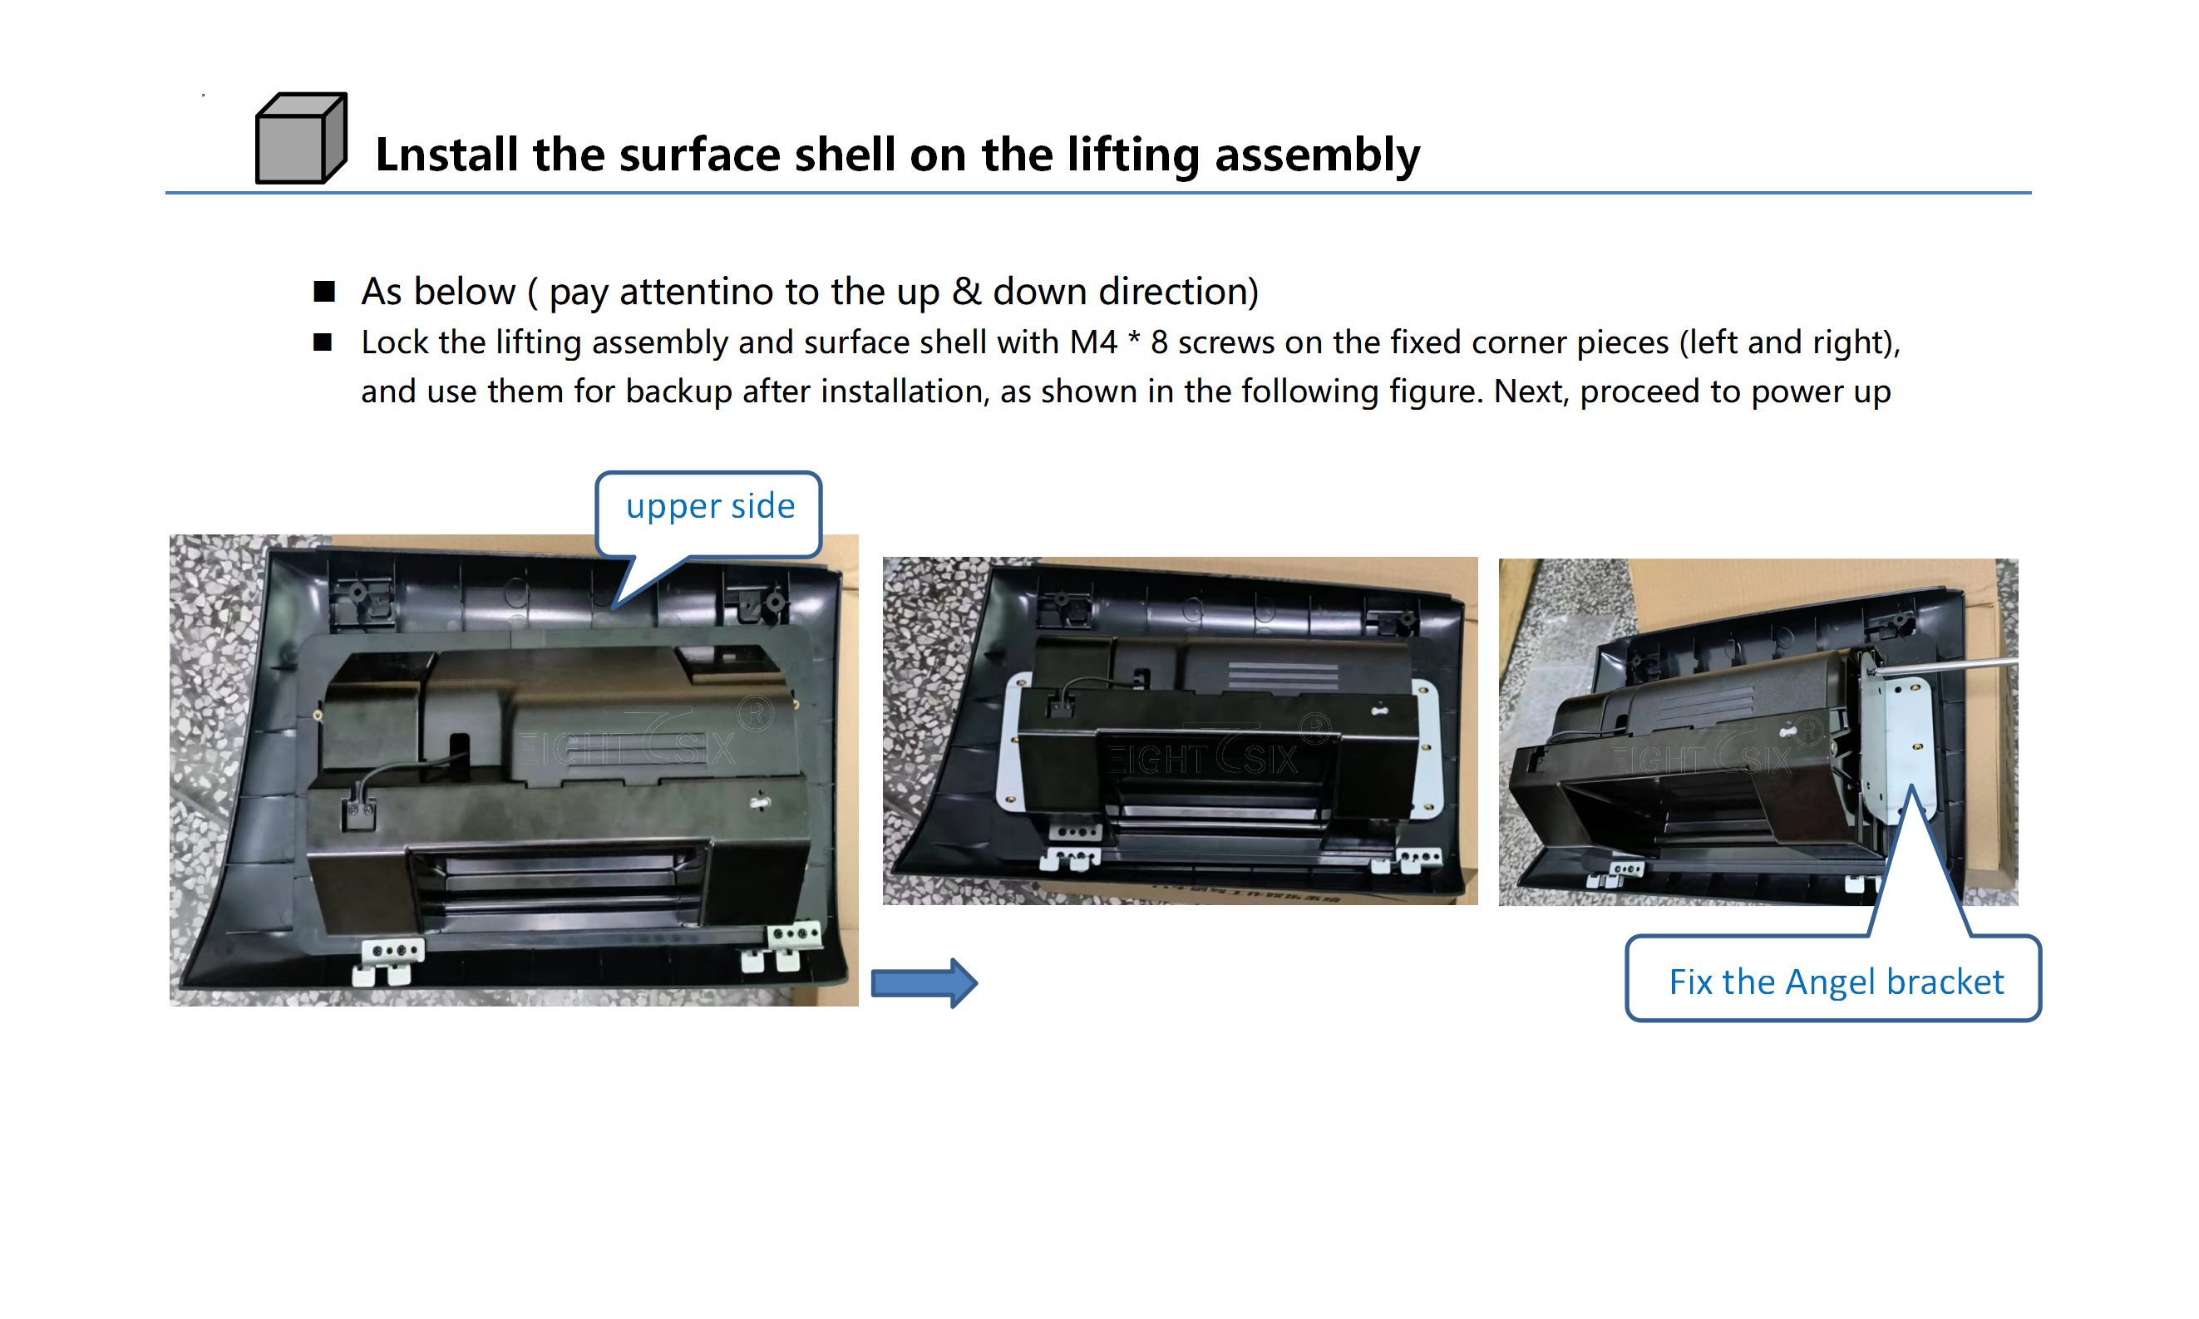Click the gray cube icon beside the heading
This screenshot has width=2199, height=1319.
pos(300,139)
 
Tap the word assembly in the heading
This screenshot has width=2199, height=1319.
pos(1317,156)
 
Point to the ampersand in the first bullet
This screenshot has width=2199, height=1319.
pos(966,292)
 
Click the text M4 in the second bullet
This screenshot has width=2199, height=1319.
pos(1093,342)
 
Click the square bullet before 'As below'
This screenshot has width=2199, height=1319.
pos(323,292)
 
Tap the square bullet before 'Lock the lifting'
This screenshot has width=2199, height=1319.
pos(323,342)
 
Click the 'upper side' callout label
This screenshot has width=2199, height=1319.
pos(710,507)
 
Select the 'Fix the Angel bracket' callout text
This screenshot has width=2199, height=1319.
pos(1836,982)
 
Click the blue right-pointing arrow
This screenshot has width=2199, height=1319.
pos(924,983)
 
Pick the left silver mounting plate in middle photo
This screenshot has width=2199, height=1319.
pos(1013,741)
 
